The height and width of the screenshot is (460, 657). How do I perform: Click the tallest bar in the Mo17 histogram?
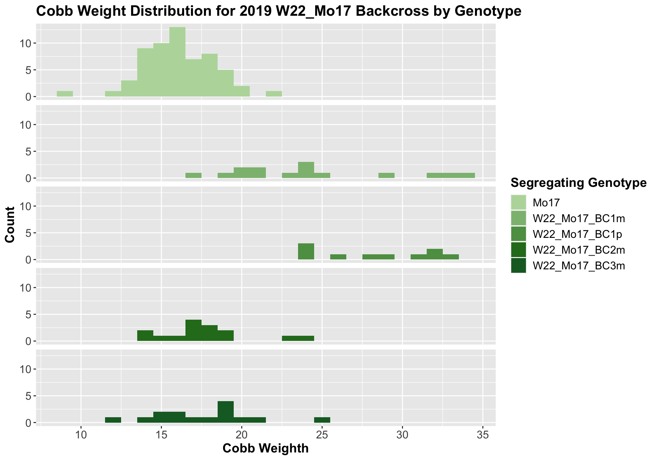tap(177, 62)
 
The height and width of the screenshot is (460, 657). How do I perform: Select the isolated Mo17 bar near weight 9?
tap(65, 94)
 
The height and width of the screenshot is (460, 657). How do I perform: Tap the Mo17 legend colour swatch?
tap(518, 203)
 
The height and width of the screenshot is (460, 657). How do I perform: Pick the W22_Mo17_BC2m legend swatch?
tap(518, 250)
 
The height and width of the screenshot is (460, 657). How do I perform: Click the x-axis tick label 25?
tap(322, 435)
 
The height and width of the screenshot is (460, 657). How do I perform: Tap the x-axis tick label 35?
tap(482, 435)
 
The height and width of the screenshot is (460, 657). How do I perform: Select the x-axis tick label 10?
tap(81, 435)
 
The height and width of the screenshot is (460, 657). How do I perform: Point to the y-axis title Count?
tap(10, 225)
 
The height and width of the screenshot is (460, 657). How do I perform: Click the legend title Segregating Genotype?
tap(578, 183)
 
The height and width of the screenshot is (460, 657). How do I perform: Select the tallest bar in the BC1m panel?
tap(306, 170)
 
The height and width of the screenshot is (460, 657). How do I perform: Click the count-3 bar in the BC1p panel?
tap(306, 251)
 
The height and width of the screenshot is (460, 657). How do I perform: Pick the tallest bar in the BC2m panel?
tap(193, 330)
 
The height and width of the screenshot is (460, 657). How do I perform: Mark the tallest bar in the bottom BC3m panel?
tap(226, 412)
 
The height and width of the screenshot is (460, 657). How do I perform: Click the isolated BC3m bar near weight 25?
tap(322, 420)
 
